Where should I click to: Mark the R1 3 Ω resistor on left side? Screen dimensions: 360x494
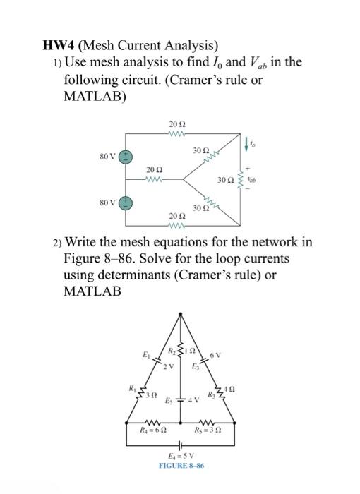click(x=138, y=392)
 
